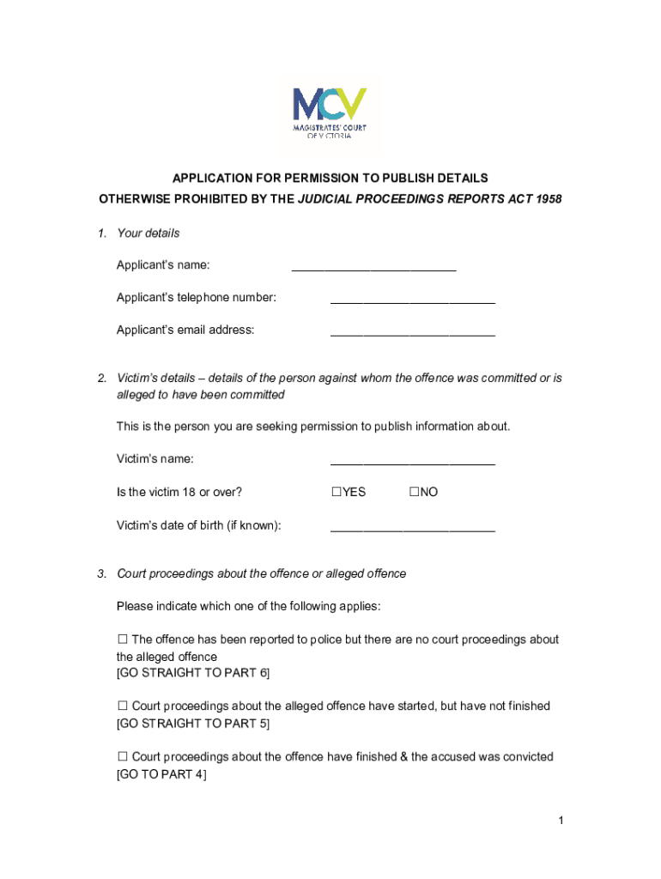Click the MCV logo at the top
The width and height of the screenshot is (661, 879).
pyautogui.click(x=330, y=112)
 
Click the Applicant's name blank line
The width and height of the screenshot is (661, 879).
pyautogui.click(x=373, y=267)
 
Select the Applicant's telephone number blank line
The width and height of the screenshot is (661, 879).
pyautogui.click(x=413, y=300)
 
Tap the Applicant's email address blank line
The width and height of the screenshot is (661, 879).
pyautogui.click(x=413, y=331)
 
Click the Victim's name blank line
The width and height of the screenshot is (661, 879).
pyautogui.click(x=413, y=461)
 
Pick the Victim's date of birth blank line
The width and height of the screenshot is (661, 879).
pyautogui.click(x=413, y=527)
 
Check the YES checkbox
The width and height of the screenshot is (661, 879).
pyautogui.click(x=337, y=492)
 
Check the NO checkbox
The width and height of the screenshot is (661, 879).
pyautogui.click(x=414, y=492)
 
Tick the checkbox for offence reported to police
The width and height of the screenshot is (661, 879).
pyautogui.click(x=122, y=640)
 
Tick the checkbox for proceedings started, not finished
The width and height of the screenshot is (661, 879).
pyautogui.click(x=122, y=706)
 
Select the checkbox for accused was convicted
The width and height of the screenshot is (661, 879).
pyautogui.click(x=122, y=756)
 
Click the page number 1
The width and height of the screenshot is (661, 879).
pyautogui.click(x=560, y=821)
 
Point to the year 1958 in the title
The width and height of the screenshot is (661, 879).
pyautogui.click(x=545, y=199)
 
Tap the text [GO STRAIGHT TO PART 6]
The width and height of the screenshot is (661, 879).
pyautogui.click(x=192, y=673)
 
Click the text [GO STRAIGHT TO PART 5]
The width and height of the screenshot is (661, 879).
pyautogui.click(x=192, y=723)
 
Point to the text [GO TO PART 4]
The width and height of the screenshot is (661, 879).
pyautogui.click(x=161, y=773)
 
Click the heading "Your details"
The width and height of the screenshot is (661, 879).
pyautogui.click(x=149, y=233)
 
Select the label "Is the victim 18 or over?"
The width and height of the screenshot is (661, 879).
pyautogui.click(x=179, y=493)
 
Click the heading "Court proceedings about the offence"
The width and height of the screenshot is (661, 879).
pyautogui.click(x=261, y=573)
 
